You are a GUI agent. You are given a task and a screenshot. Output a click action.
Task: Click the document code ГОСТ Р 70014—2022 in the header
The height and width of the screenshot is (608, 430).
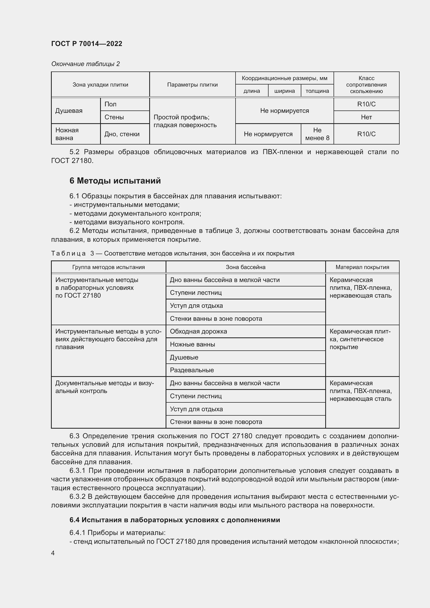coord(87,44)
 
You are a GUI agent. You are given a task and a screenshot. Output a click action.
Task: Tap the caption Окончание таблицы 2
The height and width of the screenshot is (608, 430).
coord(85,64)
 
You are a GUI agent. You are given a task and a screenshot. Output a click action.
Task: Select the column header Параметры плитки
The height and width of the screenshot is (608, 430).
coord(192,85)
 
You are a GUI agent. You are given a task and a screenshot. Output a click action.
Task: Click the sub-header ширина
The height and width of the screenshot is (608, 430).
coord(284,91)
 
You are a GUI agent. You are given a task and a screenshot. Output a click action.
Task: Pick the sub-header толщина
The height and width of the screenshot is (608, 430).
coord(317,91)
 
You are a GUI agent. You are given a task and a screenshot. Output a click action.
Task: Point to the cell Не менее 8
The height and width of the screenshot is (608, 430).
coord(317,134)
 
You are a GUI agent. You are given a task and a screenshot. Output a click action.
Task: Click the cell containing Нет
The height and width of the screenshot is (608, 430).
coord(366,117)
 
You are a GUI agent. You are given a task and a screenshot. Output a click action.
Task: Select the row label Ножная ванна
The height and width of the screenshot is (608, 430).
coord(67,134)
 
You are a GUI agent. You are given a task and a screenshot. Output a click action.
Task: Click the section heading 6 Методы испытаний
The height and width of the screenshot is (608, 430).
coord(115,181)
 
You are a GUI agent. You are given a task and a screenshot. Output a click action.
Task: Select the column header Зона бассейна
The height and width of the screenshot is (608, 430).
coord(245,267)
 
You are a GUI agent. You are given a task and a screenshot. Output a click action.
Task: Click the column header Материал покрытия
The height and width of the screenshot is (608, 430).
coord(362,267)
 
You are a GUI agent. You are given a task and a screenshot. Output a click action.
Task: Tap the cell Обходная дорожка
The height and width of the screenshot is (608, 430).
coord(198,331)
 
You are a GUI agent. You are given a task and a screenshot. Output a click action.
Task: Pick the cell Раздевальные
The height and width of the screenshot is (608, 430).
coord(192,370)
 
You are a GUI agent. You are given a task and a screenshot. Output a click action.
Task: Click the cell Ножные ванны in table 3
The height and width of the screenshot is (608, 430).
coord(192,344)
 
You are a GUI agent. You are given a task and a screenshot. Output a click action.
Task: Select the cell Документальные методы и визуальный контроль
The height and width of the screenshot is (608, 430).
coord(105,387)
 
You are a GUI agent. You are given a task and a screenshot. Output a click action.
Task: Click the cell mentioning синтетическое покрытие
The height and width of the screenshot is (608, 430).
coord(360,339)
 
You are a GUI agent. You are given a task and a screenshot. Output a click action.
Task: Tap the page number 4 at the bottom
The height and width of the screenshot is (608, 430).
coord(53,553)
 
